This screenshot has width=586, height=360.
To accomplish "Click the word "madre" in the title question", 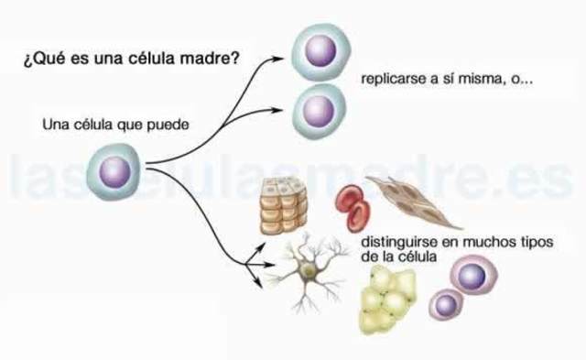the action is click(x=215, y=59).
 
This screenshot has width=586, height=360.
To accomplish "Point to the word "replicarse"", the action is click(x=395, y=80).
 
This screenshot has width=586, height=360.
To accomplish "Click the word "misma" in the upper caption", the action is click(x=486, y=80).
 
